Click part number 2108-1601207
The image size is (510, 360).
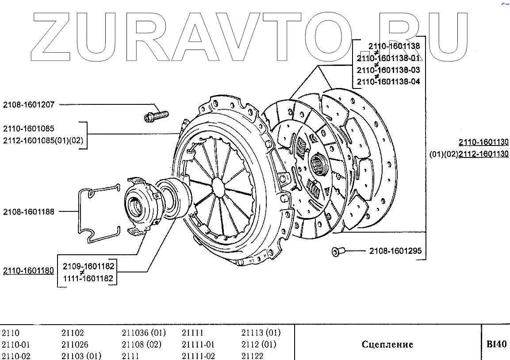29,105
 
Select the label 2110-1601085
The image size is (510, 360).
29,129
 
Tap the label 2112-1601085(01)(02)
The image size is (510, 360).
43,141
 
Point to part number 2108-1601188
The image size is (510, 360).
29,212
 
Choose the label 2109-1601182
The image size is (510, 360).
88,266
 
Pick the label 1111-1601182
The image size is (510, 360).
88,279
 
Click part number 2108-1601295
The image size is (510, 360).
395,251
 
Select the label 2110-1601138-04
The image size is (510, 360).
388,81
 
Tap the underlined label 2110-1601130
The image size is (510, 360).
483,142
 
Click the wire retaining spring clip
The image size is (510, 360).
99,214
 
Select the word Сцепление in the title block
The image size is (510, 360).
387,345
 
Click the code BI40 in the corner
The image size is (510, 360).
496,344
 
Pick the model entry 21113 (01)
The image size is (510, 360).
261,333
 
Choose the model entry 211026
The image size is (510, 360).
75,345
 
